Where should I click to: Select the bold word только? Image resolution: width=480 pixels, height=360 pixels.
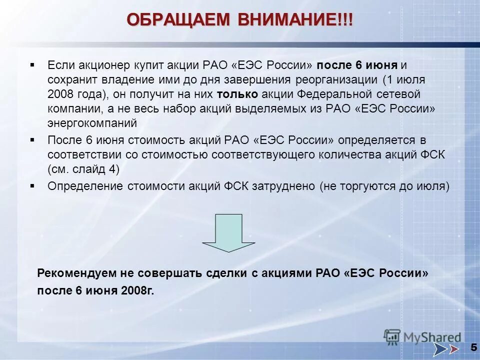coord(237,94)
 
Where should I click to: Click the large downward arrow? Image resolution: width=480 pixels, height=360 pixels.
coord(228,232)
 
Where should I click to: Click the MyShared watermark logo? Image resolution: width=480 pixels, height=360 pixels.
coord(422,337)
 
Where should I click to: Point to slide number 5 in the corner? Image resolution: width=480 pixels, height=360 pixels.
coord(472,347)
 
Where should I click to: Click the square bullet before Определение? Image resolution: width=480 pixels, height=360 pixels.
coord(32,185)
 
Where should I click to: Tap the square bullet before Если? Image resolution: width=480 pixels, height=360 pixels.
coord(32,65)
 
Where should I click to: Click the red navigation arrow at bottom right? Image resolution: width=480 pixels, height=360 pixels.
coord(453,348)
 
